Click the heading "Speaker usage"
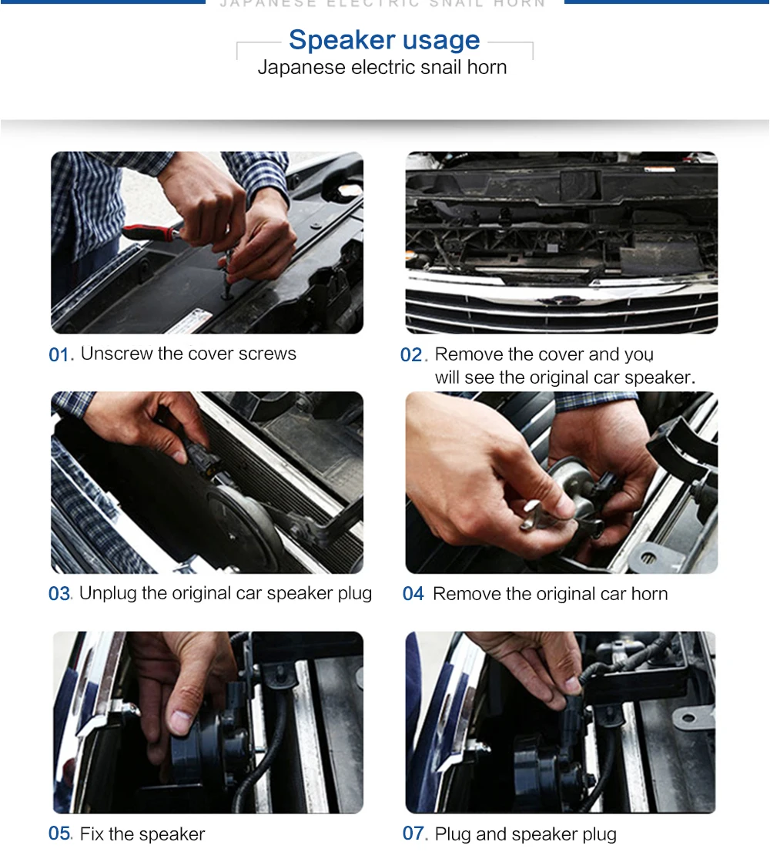pyautogui.click(x=384, y=40)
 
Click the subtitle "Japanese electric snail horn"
pyautogui.click(x=383, y=67)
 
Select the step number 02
pyautogui.click(x=412, y=355)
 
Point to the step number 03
pyautogui.click(x=59, y=594)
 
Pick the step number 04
pyautogui.click(x=413, y=594)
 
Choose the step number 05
pyautogui.click(x=59, y=833)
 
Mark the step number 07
pyautogui.click(x=413, y=833)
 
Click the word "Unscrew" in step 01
pyautogui.click(x=116, y=354)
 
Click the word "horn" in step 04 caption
pyautogui.click(x=650, y=594)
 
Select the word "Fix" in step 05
pyautogui.click(x=92, y=834)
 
